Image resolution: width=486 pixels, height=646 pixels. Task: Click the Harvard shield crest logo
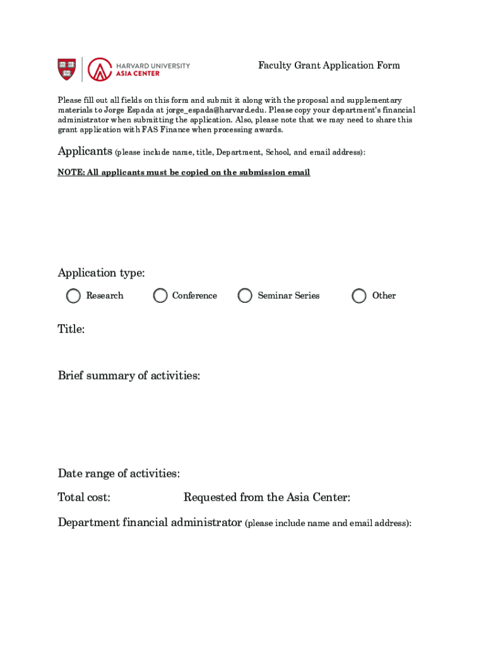67,69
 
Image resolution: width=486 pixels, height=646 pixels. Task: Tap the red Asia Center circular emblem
99,69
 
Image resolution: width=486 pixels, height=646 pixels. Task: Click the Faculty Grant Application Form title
329,66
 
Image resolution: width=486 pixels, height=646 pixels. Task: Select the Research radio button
74,296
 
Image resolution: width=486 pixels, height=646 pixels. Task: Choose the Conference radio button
160,296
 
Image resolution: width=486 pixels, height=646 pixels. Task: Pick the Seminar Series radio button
245,296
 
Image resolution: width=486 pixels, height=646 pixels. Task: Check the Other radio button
359,296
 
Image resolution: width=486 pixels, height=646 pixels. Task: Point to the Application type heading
101,273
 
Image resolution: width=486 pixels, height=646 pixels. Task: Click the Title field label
71,329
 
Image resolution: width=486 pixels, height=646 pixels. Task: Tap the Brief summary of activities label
129,376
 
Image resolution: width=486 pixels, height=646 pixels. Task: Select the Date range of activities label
119,474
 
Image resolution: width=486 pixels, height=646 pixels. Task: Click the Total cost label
84,498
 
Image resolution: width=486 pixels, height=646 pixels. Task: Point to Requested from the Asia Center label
266,498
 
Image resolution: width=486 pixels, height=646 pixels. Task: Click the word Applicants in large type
85,151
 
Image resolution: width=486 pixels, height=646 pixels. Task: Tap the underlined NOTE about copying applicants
184,173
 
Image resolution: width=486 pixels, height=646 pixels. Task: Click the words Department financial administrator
150,522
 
